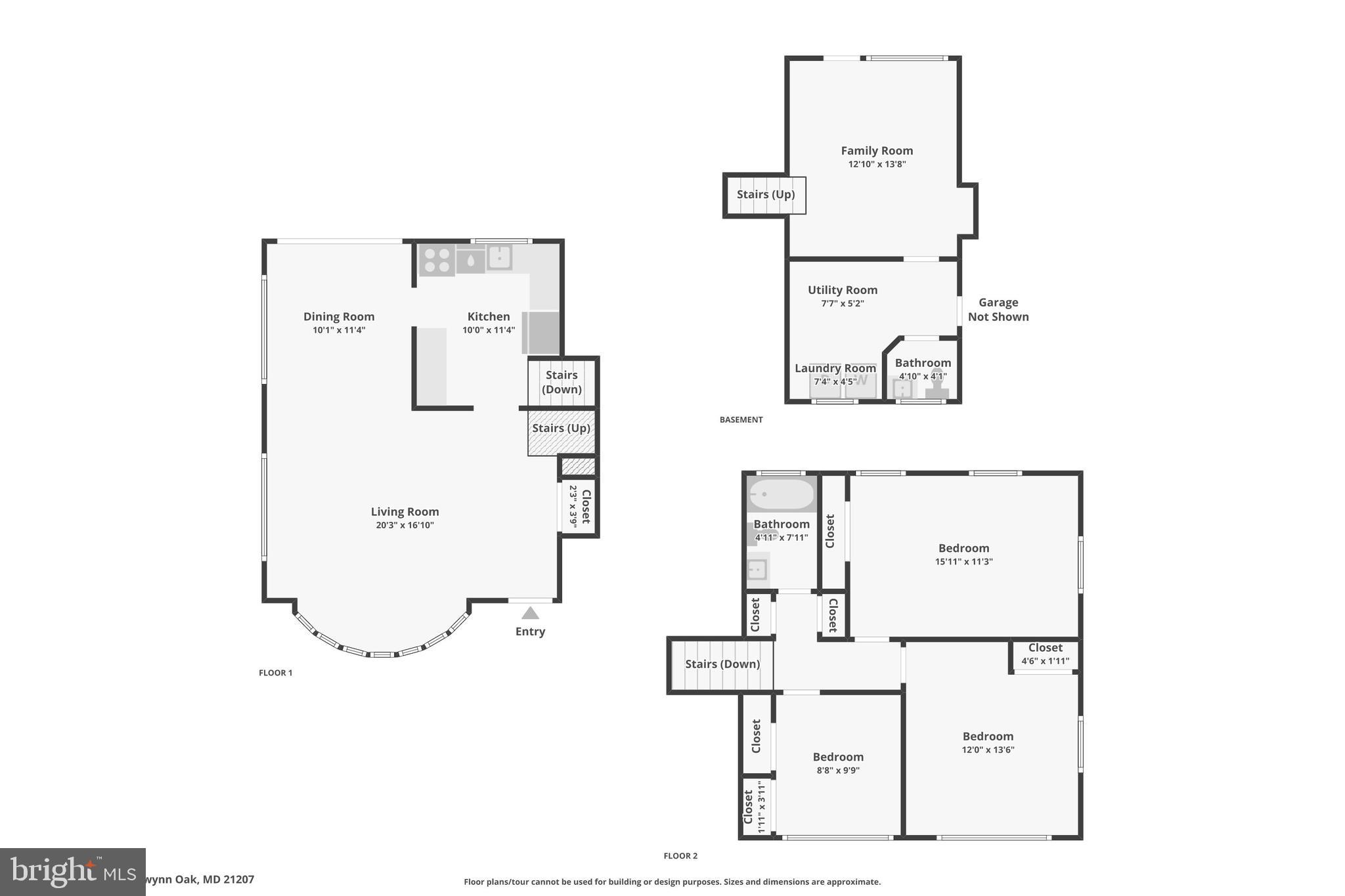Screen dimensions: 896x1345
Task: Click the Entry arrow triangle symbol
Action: (530, 613)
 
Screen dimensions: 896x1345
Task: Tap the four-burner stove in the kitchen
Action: (437, 260)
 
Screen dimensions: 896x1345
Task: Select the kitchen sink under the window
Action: (499, 257)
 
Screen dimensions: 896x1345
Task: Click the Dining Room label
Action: (339, 316)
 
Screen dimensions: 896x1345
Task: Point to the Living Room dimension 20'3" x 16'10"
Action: (405, 525)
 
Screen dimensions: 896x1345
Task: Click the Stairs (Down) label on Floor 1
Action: (562, 382)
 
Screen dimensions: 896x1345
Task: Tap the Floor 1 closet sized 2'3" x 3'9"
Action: (579, 505)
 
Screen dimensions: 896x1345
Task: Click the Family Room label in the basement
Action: (877, 151)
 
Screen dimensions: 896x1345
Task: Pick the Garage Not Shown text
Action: (998, 310)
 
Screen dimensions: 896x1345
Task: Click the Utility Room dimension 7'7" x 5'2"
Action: (843, 304)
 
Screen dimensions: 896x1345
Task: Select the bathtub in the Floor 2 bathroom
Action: (782, 494)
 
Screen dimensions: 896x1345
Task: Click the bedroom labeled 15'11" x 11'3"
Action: (963, 554)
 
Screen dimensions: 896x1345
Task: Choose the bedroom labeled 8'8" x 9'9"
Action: (838, 763)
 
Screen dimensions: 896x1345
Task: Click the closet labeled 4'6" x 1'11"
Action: (1045, 654)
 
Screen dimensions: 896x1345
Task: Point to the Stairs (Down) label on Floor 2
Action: (722, 664)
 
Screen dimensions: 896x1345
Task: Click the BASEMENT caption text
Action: (741, 420)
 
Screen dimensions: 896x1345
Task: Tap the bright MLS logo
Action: (72, 872)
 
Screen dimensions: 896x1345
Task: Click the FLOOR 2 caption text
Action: (680, 856)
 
